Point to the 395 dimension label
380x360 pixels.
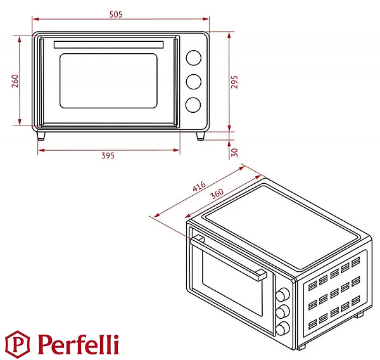(108, 157)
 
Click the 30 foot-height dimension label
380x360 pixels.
(234, 152)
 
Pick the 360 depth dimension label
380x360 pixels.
(217, 195)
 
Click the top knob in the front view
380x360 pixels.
(193, 58)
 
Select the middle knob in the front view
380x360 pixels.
(193, 82)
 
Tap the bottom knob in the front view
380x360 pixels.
(193, 105)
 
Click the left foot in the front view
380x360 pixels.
(41, 136)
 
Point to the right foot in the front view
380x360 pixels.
(200, 136)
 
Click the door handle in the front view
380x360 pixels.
(108, 44)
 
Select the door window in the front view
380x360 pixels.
(108, 80)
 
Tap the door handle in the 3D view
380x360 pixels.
(228, 259)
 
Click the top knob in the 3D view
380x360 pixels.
(283, 295)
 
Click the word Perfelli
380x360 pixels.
(78, 345)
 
